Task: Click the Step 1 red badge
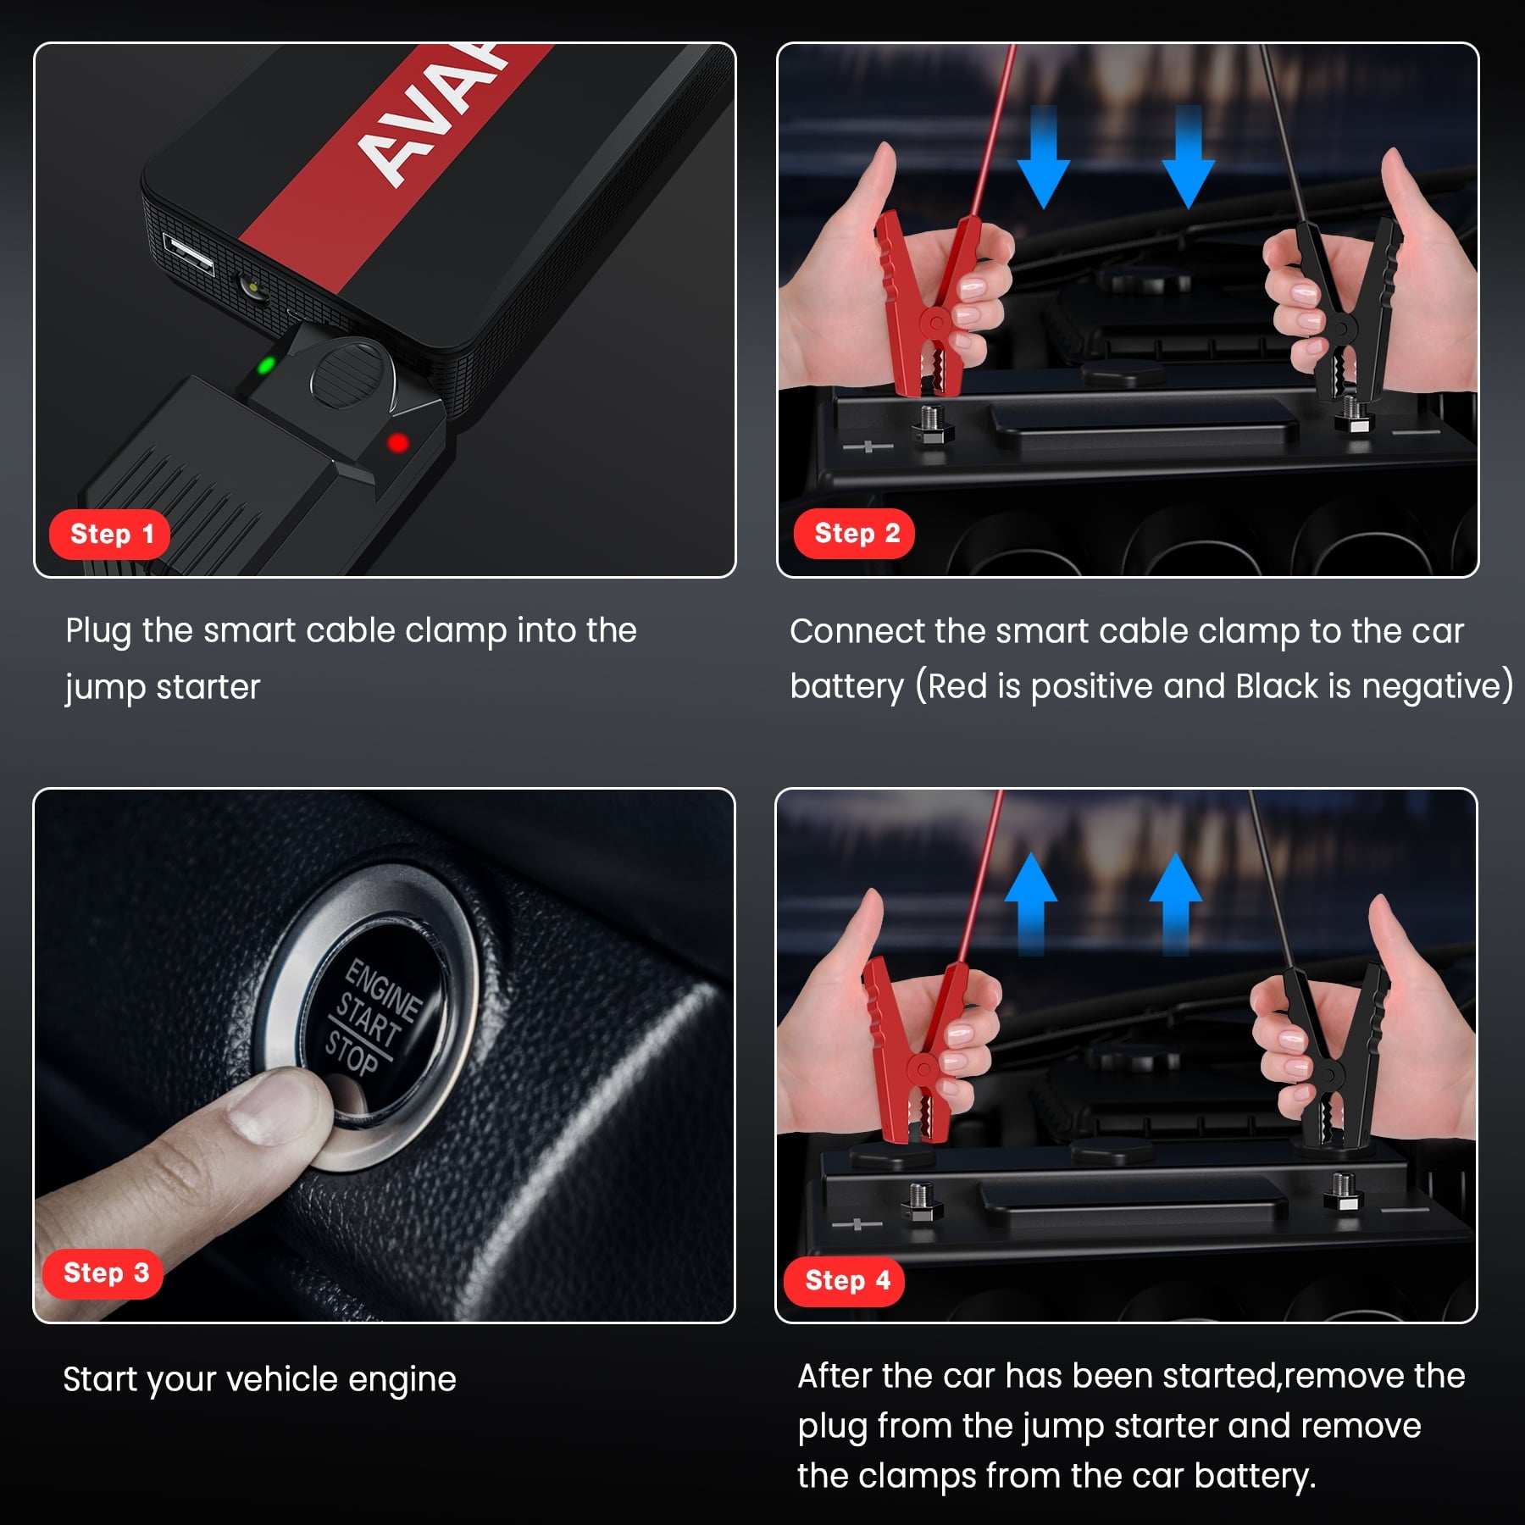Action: point(110,535)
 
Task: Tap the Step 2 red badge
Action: point(854,534)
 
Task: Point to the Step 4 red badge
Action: point(844,1280)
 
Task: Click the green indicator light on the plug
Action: point(265,366)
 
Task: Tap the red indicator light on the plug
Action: point(397,442)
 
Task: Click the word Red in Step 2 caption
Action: point(957,686)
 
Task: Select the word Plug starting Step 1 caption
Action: point(97,632)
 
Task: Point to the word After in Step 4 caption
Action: point(835,1376)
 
